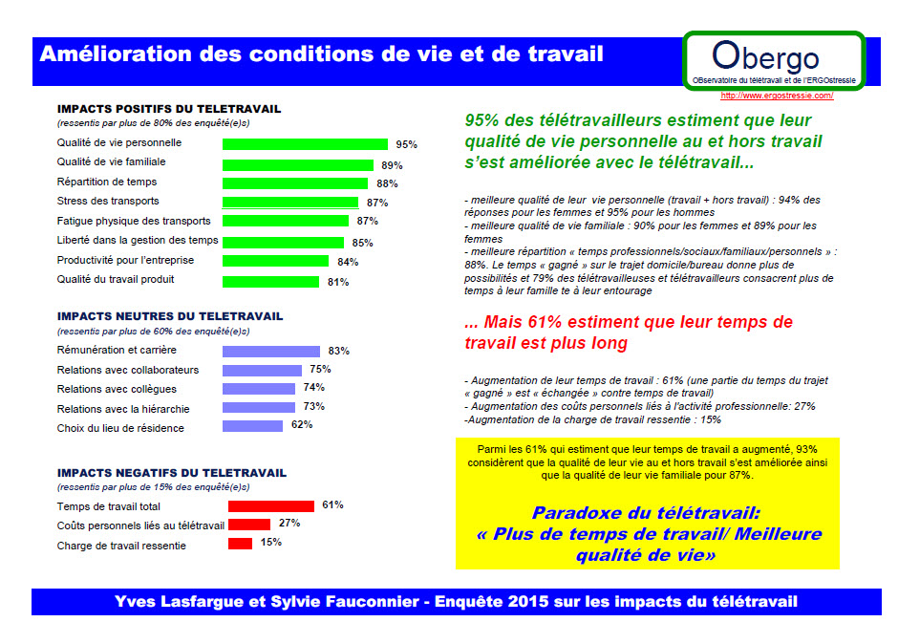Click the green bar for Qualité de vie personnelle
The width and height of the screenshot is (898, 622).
tap(305, 144)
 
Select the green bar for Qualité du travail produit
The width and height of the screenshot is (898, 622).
tap(270, 282)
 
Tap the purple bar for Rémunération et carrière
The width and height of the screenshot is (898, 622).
tap(271, 352)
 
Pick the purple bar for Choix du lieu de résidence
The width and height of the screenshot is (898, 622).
tap(252, 426)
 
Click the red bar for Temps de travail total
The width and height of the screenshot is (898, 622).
tap(270, 505)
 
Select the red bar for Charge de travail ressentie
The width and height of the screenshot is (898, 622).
tap(240, 544)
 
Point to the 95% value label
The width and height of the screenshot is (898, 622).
tap(407, 145)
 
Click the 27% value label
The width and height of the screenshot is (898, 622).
tap(289, 524)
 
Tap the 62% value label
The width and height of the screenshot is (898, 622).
tap(302, 425)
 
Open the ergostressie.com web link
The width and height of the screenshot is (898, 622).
tap(777, 97)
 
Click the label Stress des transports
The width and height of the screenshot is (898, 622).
tap(108, 202)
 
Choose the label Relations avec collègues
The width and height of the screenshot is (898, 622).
tap(117, 390)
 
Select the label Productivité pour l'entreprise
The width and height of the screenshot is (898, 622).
tap(125, 261)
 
